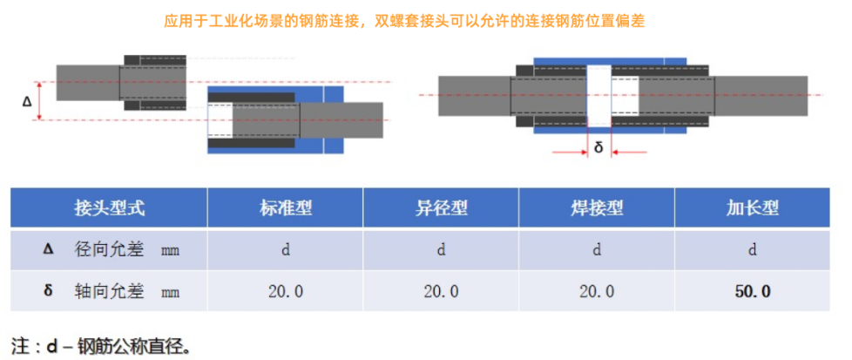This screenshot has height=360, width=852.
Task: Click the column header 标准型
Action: [x=285, y=207]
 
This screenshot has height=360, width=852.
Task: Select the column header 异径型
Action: [x=441, y=207]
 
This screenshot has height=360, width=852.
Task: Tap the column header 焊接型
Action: [x=597, y=207]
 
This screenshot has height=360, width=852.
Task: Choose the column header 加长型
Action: [x=753, y=207]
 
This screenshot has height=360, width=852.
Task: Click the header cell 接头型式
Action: [x=109, y=207]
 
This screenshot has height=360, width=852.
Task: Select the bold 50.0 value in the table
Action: [x=753, y=291]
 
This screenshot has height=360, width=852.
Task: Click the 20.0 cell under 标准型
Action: [x=285, y=291]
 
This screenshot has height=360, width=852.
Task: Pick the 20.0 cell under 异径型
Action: [x=441, y=291]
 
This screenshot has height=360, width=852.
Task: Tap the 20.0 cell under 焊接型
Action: [x=597, y=291]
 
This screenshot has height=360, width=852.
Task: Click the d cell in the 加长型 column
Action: [x=753, y=250]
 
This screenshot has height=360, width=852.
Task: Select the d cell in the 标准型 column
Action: [x=285, y=250]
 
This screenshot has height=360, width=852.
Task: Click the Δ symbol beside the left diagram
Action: [x=27, y=101]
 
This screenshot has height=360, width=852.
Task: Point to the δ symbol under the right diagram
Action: [x=598, y=148]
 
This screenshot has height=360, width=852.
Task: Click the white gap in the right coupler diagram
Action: [x=598, y=95]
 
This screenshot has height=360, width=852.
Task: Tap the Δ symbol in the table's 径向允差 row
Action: [x=48, y=249]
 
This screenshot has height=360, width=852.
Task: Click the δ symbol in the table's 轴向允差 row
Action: [x=48, y=290]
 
